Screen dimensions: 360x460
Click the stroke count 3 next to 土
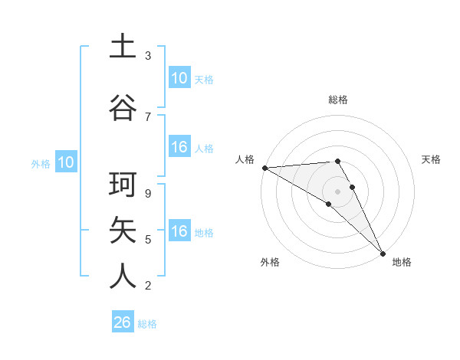pos(148,56)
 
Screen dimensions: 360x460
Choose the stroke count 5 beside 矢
pos(148,240)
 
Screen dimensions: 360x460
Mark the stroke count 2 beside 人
pos(148,285)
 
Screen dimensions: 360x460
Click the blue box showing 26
pos(123,322)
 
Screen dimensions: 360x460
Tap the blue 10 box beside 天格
pos(179,78)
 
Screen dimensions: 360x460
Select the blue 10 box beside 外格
pos(65,162)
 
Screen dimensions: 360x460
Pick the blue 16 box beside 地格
pos(179,231)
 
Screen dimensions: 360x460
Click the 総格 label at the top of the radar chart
pos(337,100)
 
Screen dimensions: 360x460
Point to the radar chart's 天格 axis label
pos(432,159)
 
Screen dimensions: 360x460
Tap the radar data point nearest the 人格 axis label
pos(264,167)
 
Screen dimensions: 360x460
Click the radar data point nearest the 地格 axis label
pos(383,253)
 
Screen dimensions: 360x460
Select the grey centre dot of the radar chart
pos(337,191)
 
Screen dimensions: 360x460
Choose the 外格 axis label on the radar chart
pos(270,262)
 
